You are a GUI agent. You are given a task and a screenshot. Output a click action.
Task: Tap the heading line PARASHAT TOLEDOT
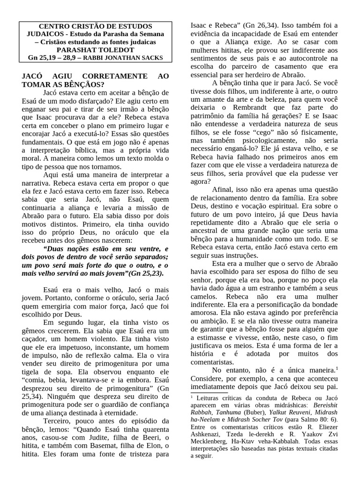(x=96, y=50)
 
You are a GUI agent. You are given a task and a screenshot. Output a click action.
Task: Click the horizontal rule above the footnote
(x=210, y=393)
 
